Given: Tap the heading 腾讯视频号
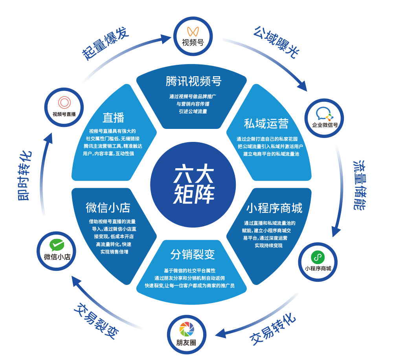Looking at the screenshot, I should [193, 81].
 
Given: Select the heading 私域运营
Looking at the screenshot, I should [266, 123].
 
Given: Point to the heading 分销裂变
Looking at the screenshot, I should [193, 254].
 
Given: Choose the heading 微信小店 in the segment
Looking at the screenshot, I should [108, 207].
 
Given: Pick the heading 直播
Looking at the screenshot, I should [113, 118].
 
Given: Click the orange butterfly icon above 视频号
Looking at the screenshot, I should [193, 31].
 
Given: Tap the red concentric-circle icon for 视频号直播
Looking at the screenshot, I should [64, 103].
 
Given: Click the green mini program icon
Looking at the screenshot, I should [318, 258].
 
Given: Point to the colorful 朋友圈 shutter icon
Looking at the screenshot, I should [186, 329].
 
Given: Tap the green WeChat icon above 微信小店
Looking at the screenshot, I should [57, 246].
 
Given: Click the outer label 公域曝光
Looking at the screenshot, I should [275, 42].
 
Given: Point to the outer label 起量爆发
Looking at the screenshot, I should [105, 43].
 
